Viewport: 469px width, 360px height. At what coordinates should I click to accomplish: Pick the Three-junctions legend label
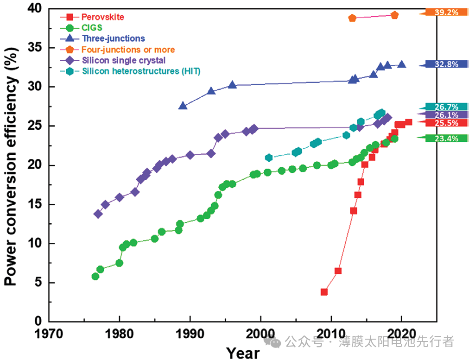click(113, 38)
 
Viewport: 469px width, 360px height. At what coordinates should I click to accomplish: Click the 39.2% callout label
click(446, 13)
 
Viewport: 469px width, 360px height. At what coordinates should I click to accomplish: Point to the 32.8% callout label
click(446, 64)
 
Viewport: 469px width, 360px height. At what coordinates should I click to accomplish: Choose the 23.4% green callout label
click(446, 138)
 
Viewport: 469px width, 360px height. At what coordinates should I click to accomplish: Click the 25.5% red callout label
click(446, 123)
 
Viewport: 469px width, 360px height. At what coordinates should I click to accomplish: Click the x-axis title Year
click(243, 352)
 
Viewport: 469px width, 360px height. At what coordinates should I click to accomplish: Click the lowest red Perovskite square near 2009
click(324, 292)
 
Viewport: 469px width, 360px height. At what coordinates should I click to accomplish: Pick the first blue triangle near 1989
click(183, 106)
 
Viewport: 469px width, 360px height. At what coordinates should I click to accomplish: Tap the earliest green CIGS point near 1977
click(95, 276)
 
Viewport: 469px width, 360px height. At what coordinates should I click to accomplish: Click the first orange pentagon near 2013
click(352, 18)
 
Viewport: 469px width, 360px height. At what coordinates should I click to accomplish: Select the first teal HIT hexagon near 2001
click(268, 158)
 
